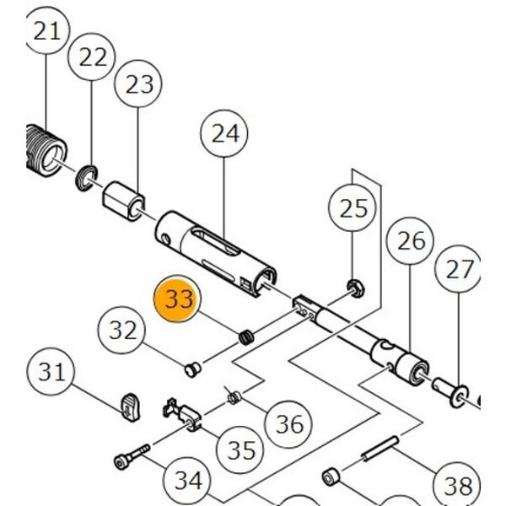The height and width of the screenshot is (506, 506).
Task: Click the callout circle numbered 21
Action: (x=47, y=33)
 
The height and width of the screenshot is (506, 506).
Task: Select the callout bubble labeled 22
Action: (x=94, y=57)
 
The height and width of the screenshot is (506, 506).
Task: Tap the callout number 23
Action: (x=140, y=84)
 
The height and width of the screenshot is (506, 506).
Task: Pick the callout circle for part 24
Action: (x=225, y=134)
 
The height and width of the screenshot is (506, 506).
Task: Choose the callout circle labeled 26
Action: (x=412, y=242)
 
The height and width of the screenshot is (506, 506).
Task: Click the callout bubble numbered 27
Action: (x=460, y=270)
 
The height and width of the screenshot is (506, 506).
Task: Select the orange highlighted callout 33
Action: (x=180, y=300)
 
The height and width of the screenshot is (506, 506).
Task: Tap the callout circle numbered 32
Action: (x=124, y=329)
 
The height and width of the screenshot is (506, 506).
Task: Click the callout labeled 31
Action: (x=52, y=371)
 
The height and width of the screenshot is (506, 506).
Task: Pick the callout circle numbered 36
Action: (x=289, y=423)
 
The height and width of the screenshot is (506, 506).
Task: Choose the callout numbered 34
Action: (x=188, y=481)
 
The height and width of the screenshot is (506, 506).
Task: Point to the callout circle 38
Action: (x=459, y=484)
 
